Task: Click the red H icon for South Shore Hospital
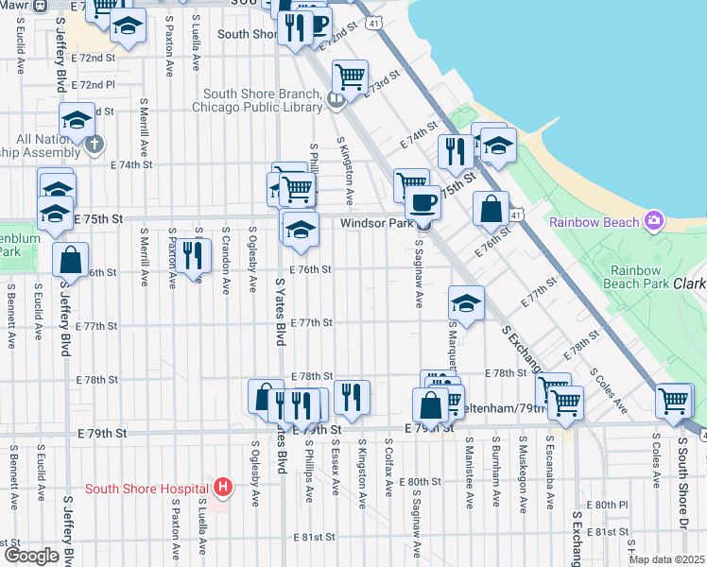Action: (x=222, y=488)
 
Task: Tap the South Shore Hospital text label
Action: (x=147, y=489)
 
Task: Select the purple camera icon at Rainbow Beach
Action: (x=653, y=221)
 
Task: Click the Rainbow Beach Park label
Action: (x=622, y=276)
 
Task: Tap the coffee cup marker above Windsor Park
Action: (x=422, y=201)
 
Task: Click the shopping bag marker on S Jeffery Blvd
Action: (x=70, y=259)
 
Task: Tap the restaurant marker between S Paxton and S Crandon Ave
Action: (x=192, y=254)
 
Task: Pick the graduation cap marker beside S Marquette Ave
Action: (x=466, y=302)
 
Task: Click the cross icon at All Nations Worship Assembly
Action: (x=94, y=145)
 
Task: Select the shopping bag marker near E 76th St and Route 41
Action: (x=491, y=209)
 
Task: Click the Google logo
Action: (x=30, y=556)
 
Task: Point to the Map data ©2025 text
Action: (x=667, y=559)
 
